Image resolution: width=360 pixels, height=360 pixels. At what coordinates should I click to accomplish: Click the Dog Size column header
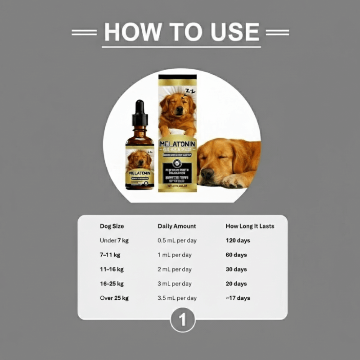pyautogui.click(x=112, y=226)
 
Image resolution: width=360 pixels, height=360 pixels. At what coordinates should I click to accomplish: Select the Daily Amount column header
pyautogui.click(x=177, y=226)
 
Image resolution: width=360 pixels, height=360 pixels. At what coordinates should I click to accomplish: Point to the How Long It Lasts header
pyautogui.click(x=250, y=226)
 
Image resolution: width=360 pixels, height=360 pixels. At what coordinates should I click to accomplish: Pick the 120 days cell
pyautogui.click(x=238, y=240)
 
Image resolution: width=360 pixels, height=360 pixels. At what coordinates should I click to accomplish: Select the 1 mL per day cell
pyautogui.click(x=175, y=255)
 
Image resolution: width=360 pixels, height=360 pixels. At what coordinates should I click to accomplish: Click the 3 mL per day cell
pyautogui.click(x=175, y=283)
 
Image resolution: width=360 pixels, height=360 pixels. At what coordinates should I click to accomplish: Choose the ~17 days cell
pyautogui.click(x=238, y=298)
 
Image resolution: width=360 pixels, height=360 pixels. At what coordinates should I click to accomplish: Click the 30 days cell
pyautogui.click(x=236, y=269)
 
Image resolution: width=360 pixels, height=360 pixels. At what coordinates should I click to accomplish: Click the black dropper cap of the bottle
pyautogui.click(x=140, y=112)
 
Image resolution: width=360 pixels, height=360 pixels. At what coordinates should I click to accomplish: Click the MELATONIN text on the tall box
pyautogui.click(x=177, y=144)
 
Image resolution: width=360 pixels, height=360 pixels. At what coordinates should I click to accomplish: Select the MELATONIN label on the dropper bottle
pyautogui.click(x=140, y=172)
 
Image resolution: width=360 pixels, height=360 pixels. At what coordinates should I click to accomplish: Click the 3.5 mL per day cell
pyautogui.click(x=177, y=298)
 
